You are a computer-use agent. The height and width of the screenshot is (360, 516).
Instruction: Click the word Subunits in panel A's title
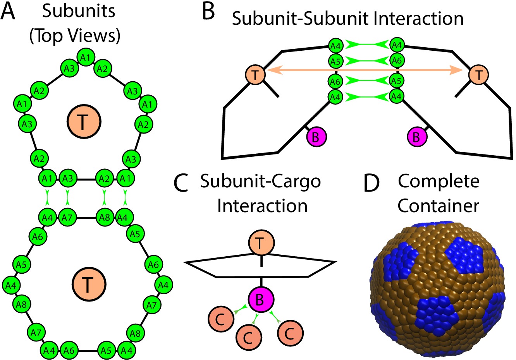[79, 12]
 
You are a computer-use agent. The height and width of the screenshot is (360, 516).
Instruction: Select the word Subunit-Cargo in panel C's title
[260, 181]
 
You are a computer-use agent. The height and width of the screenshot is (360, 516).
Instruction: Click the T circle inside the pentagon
[83, 122]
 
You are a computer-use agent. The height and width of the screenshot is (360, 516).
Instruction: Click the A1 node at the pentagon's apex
[86, 58]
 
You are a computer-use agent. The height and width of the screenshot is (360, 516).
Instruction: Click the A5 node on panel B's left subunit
[335, 60]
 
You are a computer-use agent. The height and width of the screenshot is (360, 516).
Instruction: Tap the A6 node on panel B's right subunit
[397, 60]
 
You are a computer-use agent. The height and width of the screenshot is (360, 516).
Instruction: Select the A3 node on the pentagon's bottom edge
[68, 179]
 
